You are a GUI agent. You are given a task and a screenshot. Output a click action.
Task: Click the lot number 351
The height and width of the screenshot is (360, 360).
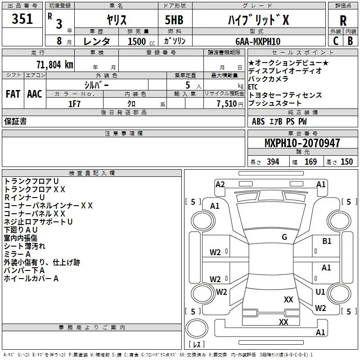[22, 18]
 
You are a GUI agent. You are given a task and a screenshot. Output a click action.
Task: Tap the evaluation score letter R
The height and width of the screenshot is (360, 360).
[343, 21]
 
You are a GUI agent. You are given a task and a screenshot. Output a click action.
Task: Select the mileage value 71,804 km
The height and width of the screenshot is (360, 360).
[55, 65]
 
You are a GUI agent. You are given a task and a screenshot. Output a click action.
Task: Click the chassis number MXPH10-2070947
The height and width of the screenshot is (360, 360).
[302, 143]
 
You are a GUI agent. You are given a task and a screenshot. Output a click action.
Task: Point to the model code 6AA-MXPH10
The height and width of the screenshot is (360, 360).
[258, 41]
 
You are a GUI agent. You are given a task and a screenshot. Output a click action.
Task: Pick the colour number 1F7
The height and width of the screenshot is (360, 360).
[74, 104]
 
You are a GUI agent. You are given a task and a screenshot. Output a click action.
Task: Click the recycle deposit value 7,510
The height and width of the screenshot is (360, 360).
[227, 104]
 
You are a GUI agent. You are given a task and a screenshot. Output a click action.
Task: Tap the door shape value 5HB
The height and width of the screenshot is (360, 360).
[174, 20]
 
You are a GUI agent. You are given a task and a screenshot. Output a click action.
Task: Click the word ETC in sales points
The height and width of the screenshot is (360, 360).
[253, 87]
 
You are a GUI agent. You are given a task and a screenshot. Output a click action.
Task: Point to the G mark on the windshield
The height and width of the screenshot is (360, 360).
[284, 237]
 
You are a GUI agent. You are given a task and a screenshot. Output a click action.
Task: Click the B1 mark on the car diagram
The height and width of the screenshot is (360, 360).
[327, 241]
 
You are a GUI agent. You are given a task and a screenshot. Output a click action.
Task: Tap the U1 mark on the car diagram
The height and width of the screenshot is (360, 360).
[320, 292]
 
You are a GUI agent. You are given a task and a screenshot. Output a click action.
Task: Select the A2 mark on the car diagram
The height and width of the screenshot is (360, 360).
[220, 184]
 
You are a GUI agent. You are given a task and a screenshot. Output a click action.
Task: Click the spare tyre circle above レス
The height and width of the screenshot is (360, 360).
[197, 328]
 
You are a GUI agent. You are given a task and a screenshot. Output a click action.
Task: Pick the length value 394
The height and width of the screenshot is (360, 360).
[273, 162]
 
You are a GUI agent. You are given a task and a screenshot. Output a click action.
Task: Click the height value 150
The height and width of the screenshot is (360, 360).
[346, 162]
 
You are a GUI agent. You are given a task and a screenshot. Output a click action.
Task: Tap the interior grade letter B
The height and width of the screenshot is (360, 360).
[351, 41]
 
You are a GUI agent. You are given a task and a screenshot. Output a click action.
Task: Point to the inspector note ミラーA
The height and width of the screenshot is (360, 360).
[17, 254]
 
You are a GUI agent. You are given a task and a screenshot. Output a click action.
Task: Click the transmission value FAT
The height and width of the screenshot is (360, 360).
[13, 94]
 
